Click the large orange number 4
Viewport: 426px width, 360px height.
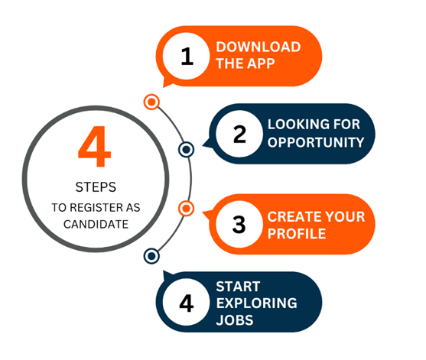pos(95,146)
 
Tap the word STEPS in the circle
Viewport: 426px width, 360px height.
pos(96,187)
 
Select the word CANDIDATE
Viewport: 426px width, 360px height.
pos(96,224)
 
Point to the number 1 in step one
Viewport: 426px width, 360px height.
pos(187,57)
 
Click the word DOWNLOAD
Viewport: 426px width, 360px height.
pos(259,47)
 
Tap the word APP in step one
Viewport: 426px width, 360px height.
pos(261,63)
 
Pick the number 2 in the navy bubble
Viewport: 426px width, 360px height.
pos(239,134)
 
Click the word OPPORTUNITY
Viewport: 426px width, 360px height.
pos(316,142)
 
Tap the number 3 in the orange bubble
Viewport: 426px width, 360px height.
pos(239,225)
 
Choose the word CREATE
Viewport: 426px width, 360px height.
pos(294,216)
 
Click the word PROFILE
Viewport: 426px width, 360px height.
pos(297,234)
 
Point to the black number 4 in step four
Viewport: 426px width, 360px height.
pos(187,303)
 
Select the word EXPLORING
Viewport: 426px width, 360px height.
pos(257,303)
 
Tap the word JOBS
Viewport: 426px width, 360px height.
pos(235,320)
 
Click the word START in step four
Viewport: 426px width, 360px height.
pos(239,287)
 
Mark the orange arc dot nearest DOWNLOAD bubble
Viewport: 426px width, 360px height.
pos(151,102)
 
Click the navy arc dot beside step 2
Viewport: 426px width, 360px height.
pos(186,149)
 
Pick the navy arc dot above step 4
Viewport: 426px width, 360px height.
pos(151,256)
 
